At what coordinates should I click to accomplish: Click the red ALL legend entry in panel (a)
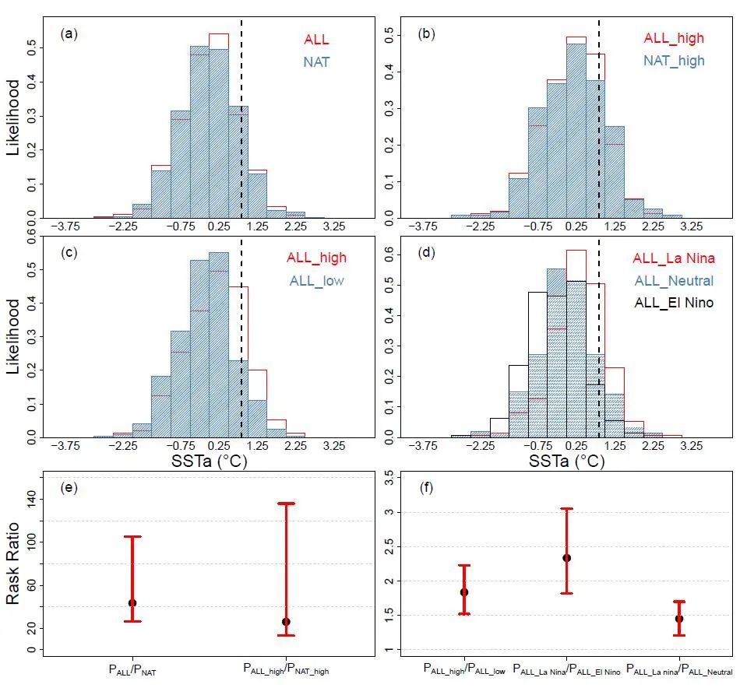pyautogui.click(x=316, y=40)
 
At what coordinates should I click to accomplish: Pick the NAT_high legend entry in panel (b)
pyautogui.click(x=675, y=59)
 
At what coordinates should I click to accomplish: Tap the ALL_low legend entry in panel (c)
pyautogui.click(x=316, y=280)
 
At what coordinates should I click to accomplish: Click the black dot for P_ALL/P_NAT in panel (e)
pyautogui.click(x=132, y=603)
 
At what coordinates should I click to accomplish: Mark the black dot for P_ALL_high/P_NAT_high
pyautogui.click(x=286, y=622)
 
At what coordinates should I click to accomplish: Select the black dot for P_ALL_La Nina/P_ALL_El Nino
pyautogui.click(x=566, y=558)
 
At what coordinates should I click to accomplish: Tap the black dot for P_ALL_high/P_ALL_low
pyautogui.click(x=464, y=592)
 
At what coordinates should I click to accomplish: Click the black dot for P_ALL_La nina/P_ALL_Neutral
pyautogui.click(x=679, y=619)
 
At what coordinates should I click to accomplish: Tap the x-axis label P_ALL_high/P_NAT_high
pyautogui.click(x=286, y=669)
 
